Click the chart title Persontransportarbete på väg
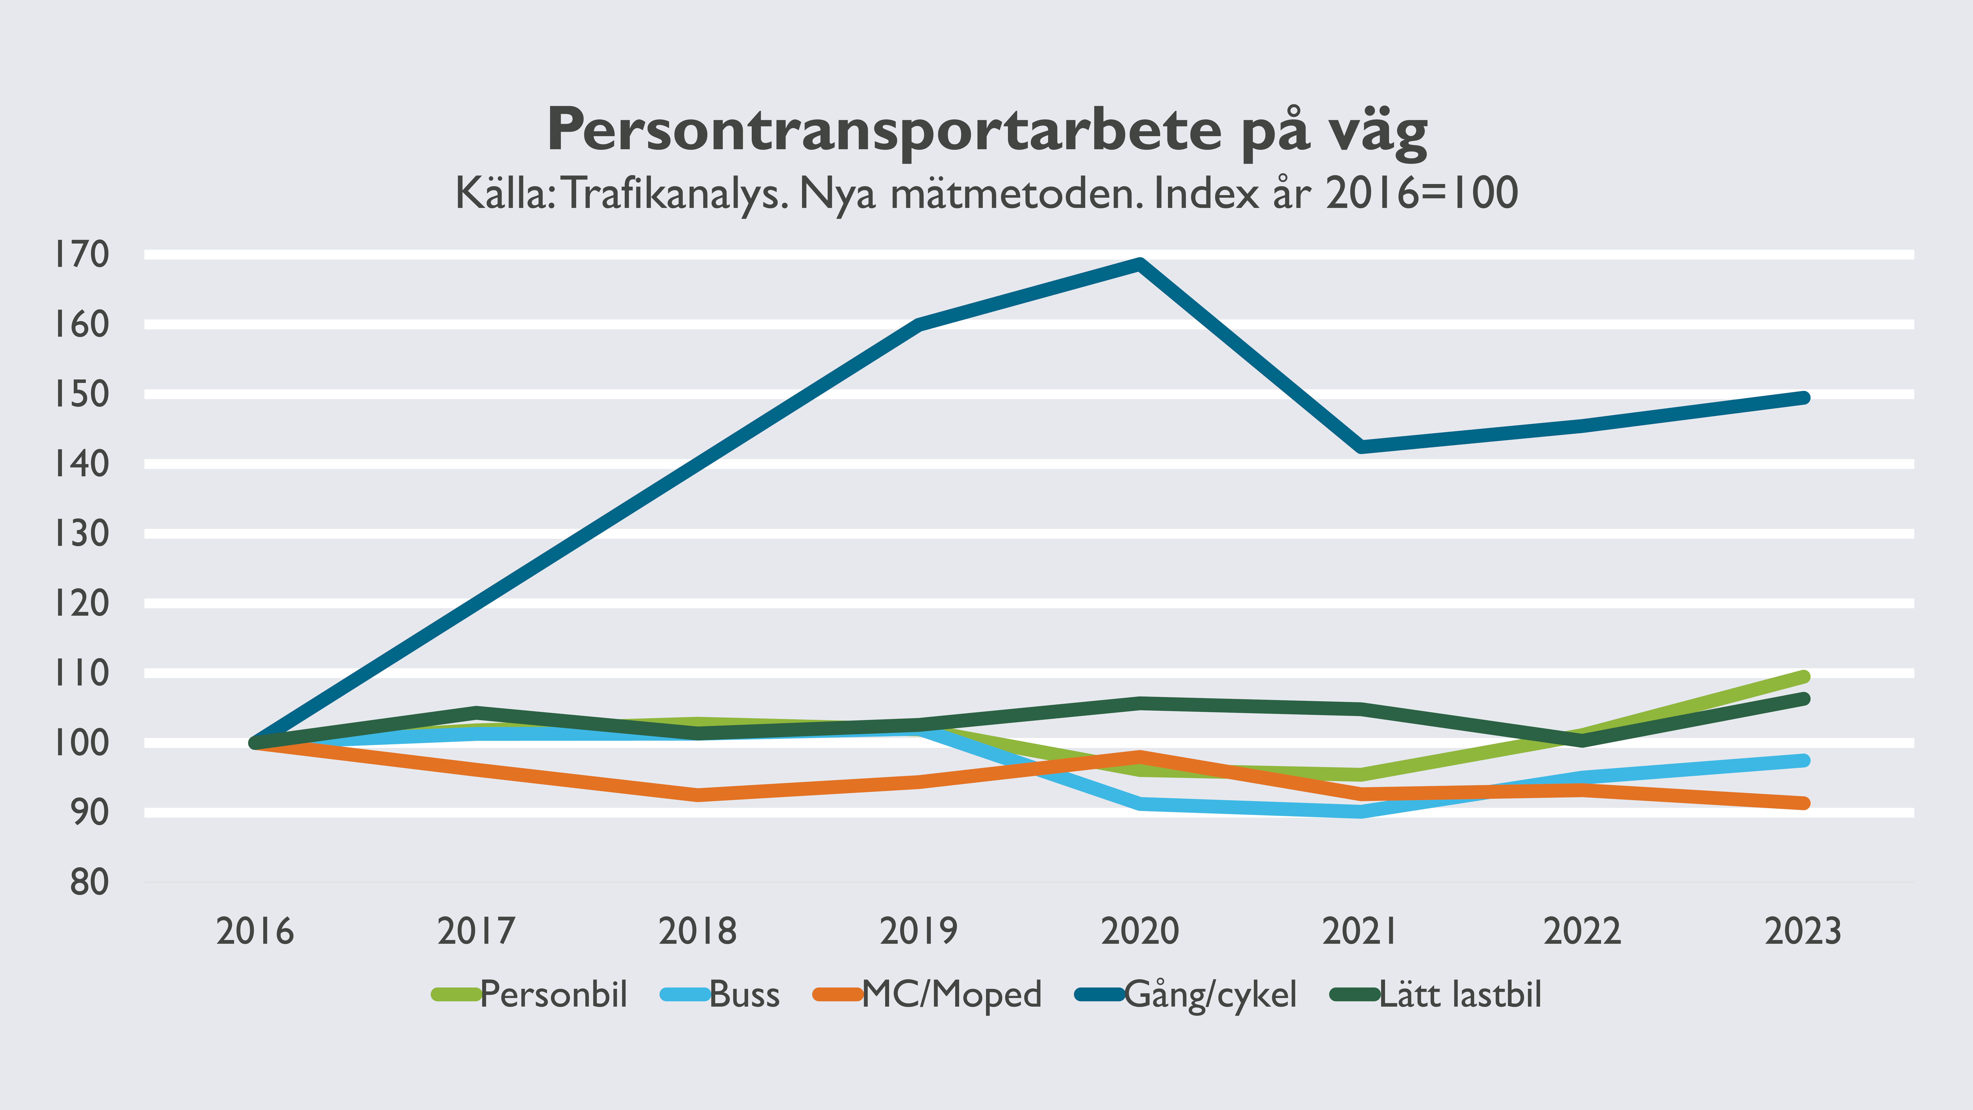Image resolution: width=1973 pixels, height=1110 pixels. (x=986, y=130)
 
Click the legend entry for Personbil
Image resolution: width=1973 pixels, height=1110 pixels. (x=553, y=994)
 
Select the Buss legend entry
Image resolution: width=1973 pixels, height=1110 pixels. (x=744, y=994)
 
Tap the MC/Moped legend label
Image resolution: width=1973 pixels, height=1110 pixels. (x=951, y=994)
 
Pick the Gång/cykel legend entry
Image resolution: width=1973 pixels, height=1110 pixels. (x=1210, y=994)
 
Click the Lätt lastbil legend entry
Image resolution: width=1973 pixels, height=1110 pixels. (x=1460, y=994)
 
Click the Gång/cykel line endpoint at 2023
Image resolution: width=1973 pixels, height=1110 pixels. (x=1803, y=398)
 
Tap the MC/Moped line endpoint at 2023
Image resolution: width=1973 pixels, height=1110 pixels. (x=1803, y=803)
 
